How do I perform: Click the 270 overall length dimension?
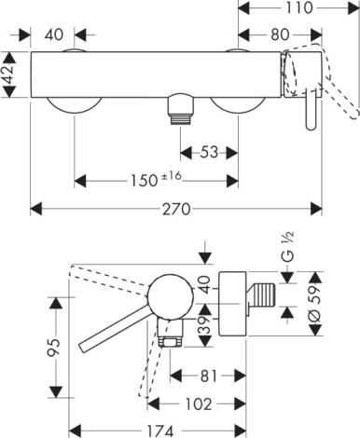click(x=176, y=209)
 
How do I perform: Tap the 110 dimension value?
click(x=298, y=7)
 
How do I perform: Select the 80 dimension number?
click(x=280, y=34)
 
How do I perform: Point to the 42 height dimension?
click(x=8, y=75)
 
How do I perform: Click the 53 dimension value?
click(x=209, y=152)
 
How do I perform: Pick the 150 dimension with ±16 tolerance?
click(x=156, y=180)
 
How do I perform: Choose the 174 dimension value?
click(x=159, y=431)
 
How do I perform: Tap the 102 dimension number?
click(x=199, y=404)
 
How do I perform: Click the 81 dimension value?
click(x=208, y=376)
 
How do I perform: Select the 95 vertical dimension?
click(x=55, y=348)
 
